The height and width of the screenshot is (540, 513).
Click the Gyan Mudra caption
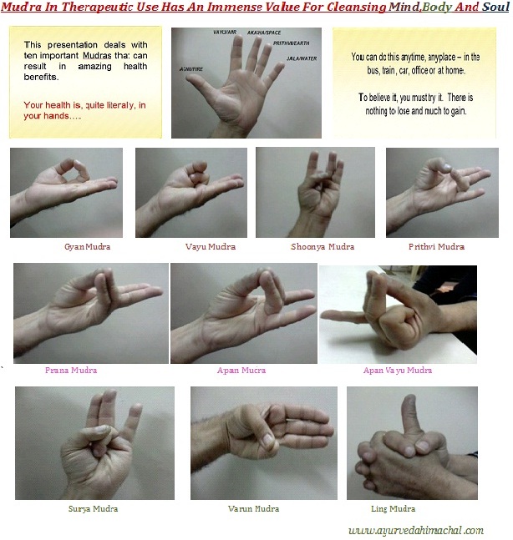[87, 247]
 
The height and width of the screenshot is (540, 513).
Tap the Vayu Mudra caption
[210, 247]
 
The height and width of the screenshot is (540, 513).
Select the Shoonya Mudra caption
[323, 247]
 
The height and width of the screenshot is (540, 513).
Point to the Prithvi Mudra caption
[437, 247]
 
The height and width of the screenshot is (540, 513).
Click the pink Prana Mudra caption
[70, 370]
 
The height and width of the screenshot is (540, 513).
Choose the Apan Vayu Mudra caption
[398, 370]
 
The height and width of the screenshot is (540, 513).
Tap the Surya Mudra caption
[93, 508]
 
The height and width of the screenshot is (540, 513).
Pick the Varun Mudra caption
[253, 508]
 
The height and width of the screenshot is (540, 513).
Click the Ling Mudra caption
[393, 508]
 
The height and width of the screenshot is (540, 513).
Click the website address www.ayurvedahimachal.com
[415, 530]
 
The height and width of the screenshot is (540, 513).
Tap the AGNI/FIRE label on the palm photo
[188, 69]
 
